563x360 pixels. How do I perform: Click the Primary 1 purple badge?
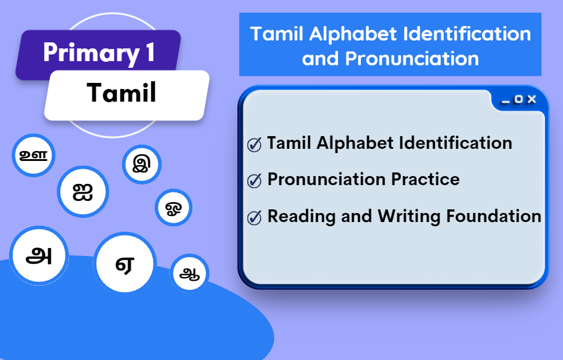click(99, 53)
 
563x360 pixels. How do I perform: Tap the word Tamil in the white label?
click(122, 93)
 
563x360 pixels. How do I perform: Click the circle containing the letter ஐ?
click(83, 192)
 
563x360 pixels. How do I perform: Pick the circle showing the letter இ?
click(142, 163)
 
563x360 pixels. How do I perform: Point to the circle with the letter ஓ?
click(174, 208)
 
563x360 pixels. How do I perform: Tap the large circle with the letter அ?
click(39, 255)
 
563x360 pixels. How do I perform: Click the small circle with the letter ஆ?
click(189, 273)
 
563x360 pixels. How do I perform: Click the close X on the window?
click(532, 99)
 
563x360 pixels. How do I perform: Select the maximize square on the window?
click(518, 99)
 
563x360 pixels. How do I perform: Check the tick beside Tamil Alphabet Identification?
click(255, 145)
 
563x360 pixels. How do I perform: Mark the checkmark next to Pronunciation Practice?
click(255, 180)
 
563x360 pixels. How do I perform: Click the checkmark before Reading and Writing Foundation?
click(255, 217)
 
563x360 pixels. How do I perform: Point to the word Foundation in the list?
click(494, 216)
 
